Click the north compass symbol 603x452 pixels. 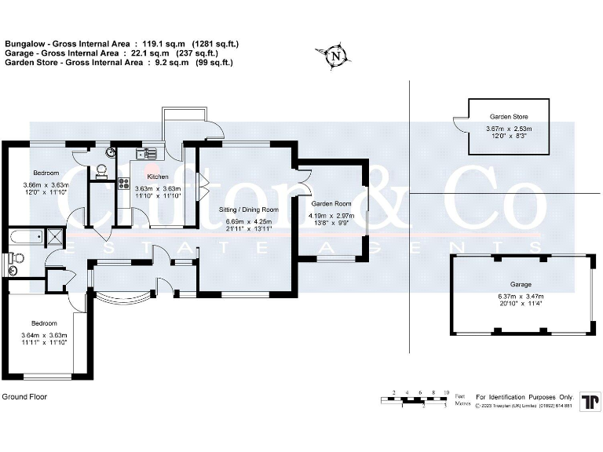coord(335,56)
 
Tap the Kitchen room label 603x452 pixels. coord(158,177)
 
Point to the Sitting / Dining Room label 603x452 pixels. coord(248,210)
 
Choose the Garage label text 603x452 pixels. coord(520,284)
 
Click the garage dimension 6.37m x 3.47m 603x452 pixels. coord(520,296)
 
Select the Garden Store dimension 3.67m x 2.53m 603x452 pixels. coord(508,129)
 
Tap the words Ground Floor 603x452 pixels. coord(24,397)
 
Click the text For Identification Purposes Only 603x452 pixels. coord(525,397)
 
